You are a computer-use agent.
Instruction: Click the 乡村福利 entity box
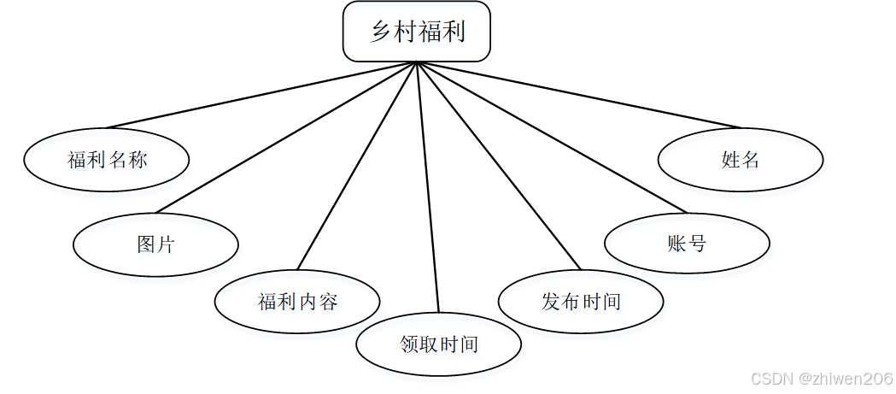pyautogui.click(x=417, y=32)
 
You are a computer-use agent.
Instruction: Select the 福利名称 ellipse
pyautogui.click(x=107, y=160)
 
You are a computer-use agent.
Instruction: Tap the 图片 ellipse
pyautogui.click(x=155, y=245)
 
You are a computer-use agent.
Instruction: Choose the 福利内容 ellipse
pyautogui.click(x=297, y=301)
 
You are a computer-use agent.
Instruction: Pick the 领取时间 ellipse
pyautogui.click(x=438, y=344)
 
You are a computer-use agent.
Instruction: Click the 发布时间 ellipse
pyautogui.click(x=581, y=301)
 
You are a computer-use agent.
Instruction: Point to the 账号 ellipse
pyautogui.click(x=687, y=244)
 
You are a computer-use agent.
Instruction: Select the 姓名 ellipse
pyautogui.click(x=741, y=160)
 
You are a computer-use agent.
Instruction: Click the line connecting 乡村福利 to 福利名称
pyautogui.click(x=261, y=95)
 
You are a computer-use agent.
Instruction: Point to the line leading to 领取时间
pyautogui.click(x=427, y=187)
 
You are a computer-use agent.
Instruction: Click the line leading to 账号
pyautogui.click(x=551, y=138)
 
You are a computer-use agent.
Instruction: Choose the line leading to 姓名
pyautogui.click(x=578, y=95)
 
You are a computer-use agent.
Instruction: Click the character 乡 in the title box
pyautogui.click(x=381, y=32)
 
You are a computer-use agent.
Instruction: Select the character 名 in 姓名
pyautogui.click(x=750, y=160)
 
